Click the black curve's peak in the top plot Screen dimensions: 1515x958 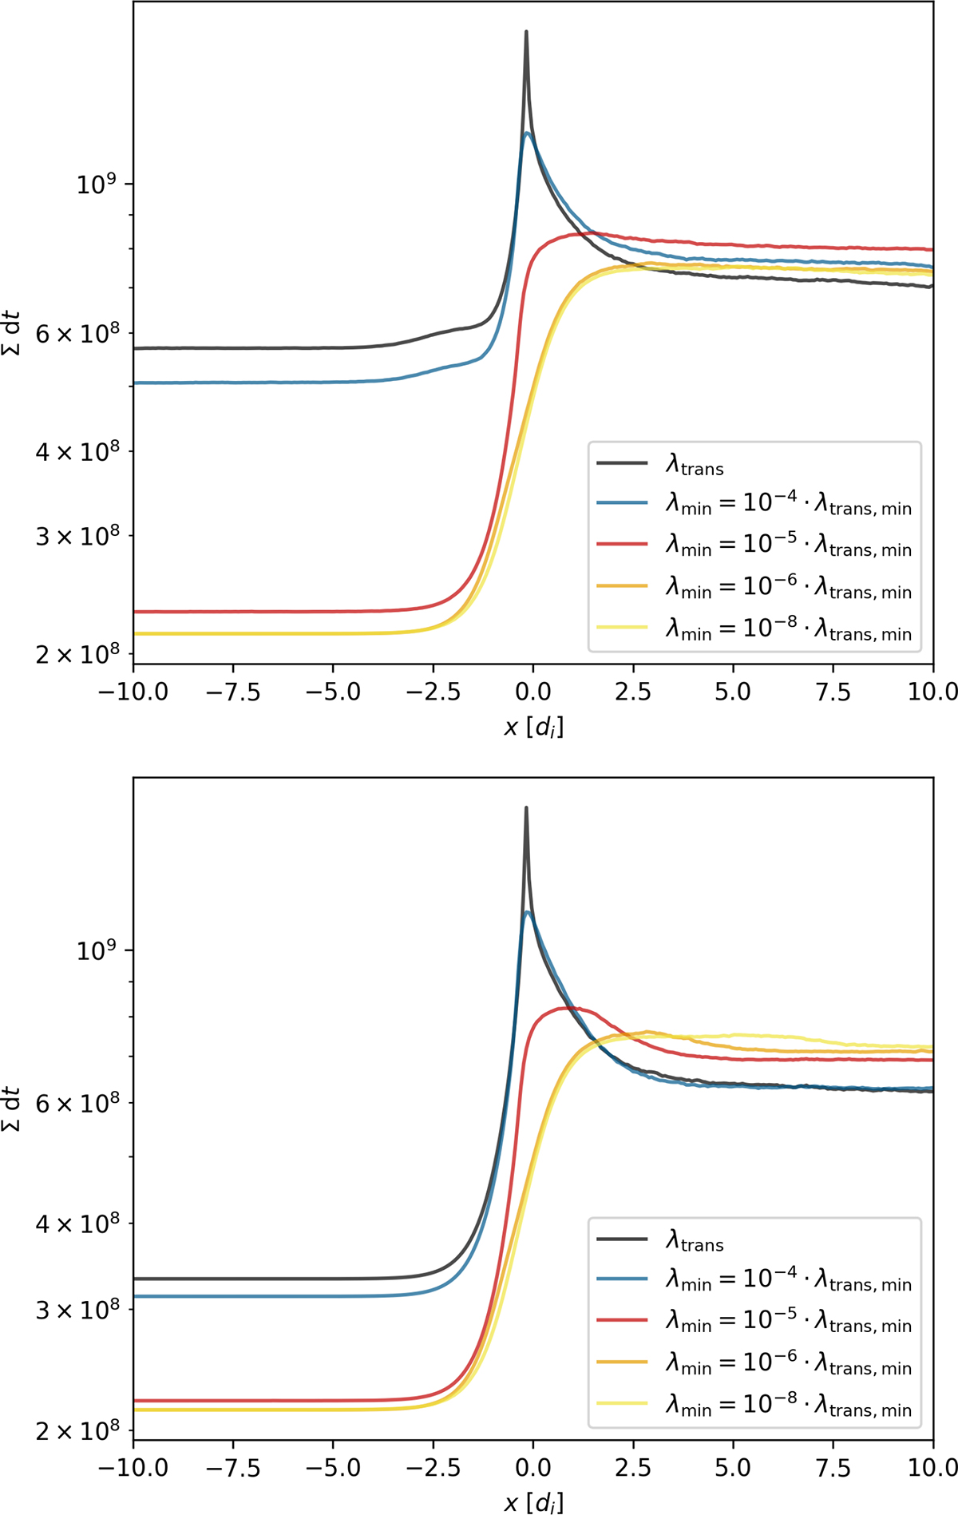tap(526, 33)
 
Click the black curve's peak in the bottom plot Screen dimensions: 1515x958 tap(526, 808)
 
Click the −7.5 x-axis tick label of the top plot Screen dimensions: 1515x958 tap(233, 692)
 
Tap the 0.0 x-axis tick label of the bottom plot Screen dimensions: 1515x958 tap(532, 1467)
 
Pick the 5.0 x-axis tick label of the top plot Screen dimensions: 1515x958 tap(733, 692)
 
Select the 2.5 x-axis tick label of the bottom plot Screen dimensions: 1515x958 tap(633, 1467)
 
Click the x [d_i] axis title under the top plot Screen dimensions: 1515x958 tap(533, 727)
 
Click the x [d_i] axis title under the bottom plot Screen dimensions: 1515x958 tap(533, 1502)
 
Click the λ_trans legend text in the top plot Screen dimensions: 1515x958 tap(695, 464)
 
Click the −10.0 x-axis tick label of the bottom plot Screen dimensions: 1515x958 tap(133, 1467)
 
